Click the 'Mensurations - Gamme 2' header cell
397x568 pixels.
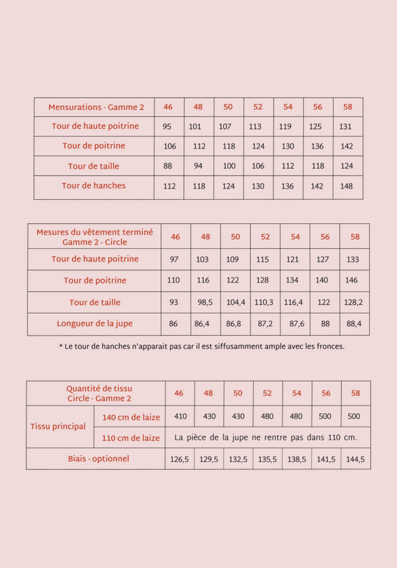pos(93,107)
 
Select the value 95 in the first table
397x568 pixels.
pos(167,126)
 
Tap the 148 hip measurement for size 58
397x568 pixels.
pos(346,186)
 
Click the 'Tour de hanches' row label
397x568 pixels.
pos(93,186)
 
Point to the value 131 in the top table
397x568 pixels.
pos(345,126)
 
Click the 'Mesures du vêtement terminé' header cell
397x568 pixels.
pos(94,237)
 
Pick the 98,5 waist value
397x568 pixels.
pos(205,303)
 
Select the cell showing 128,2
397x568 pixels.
pos(355,303)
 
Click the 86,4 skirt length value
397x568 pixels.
pos(205,324)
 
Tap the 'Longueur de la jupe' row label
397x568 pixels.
pos(94,324)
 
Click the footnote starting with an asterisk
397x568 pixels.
pos(202,346)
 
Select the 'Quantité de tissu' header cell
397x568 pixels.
pos(99,393)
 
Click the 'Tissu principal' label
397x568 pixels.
pos(58,426)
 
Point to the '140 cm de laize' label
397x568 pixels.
pos(130,416)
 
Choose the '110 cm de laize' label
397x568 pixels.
pos(130,438)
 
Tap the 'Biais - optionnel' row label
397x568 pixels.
pos(99,458)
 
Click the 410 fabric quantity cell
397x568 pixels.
pos(179,416)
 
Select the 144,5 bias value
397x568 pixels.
pos(355,459)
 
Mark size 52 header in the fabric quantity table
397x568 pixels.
pos(267,393)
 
